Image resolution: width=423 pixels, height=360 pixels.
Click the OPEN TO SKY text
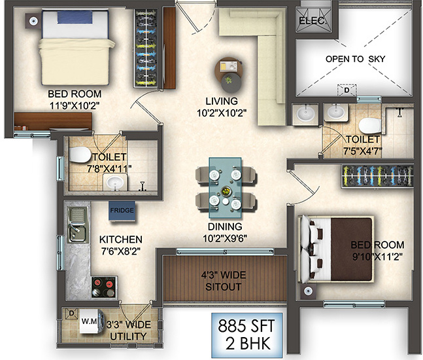[x=355, y=59]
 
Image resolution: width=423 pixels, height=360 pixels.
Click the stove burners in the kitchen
[x=104, y=287]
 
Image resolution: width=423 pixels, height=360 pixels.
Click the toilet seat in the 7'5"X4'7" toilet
[x=368, y=124]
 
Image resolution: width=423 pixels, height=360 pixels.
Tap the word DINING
[x=224, y=226]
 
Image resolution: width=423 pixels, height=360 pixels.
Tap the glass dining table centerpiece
[x=227, y=191]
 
